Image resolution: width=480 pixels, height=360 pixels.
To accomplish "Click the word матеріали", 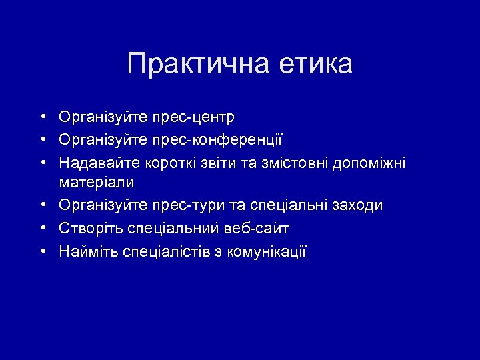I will coord(97,182).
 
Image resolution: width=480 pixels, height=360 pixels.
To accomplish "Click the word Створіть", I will coord(88,229).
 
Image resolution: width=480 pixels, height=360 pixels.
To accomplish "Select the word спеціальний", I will coord(171,229).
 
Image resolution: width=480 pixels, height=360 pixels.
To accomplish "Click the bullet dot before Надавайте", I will coord(42,162).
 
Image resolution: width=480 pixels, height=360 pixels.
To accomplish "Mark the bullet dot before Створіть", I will coord(42,228).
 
